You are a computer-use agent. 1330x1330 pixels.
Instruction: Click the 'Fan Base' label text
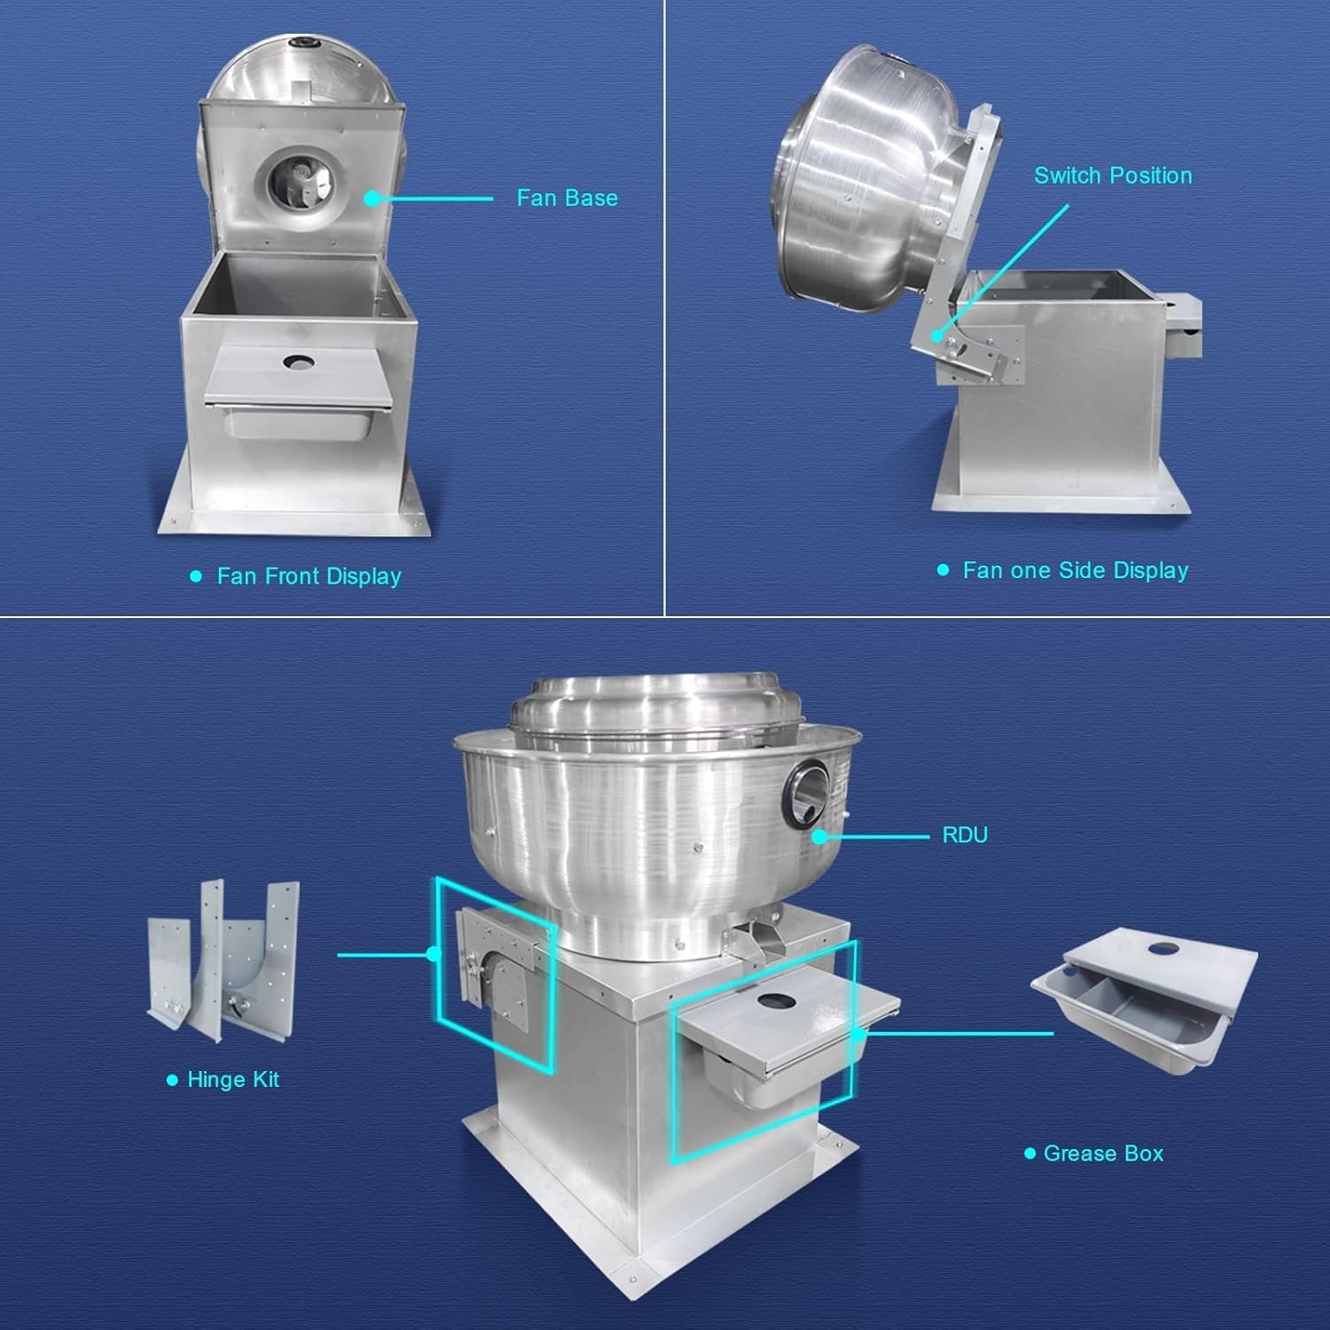(x=567, y=198)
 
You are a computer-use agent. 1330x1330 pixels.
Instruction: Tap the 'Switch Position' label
(x=1113, y=176)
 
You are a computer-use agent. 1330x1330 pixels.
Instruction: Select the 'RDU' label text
(x=965, y=835)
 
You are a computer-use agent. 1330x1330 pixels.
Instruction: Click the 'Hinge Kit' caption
(x=233, y=1080)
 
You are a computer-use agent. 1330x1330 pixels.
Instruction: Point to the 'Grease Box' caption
(x=1103, y=1154)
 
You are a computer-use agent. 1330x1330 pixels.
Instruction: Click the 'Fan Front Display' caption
(x=309, y=576)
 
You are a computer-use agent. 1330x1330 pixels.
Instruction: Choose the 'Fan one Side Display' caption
(x=1076, y=570)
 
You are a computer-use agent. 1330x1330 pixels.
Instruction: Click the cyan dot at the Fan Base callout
(x=372, y=199)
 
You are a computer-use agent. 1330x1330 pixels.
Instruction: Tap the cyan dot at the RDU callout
(x=819, y=836)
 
